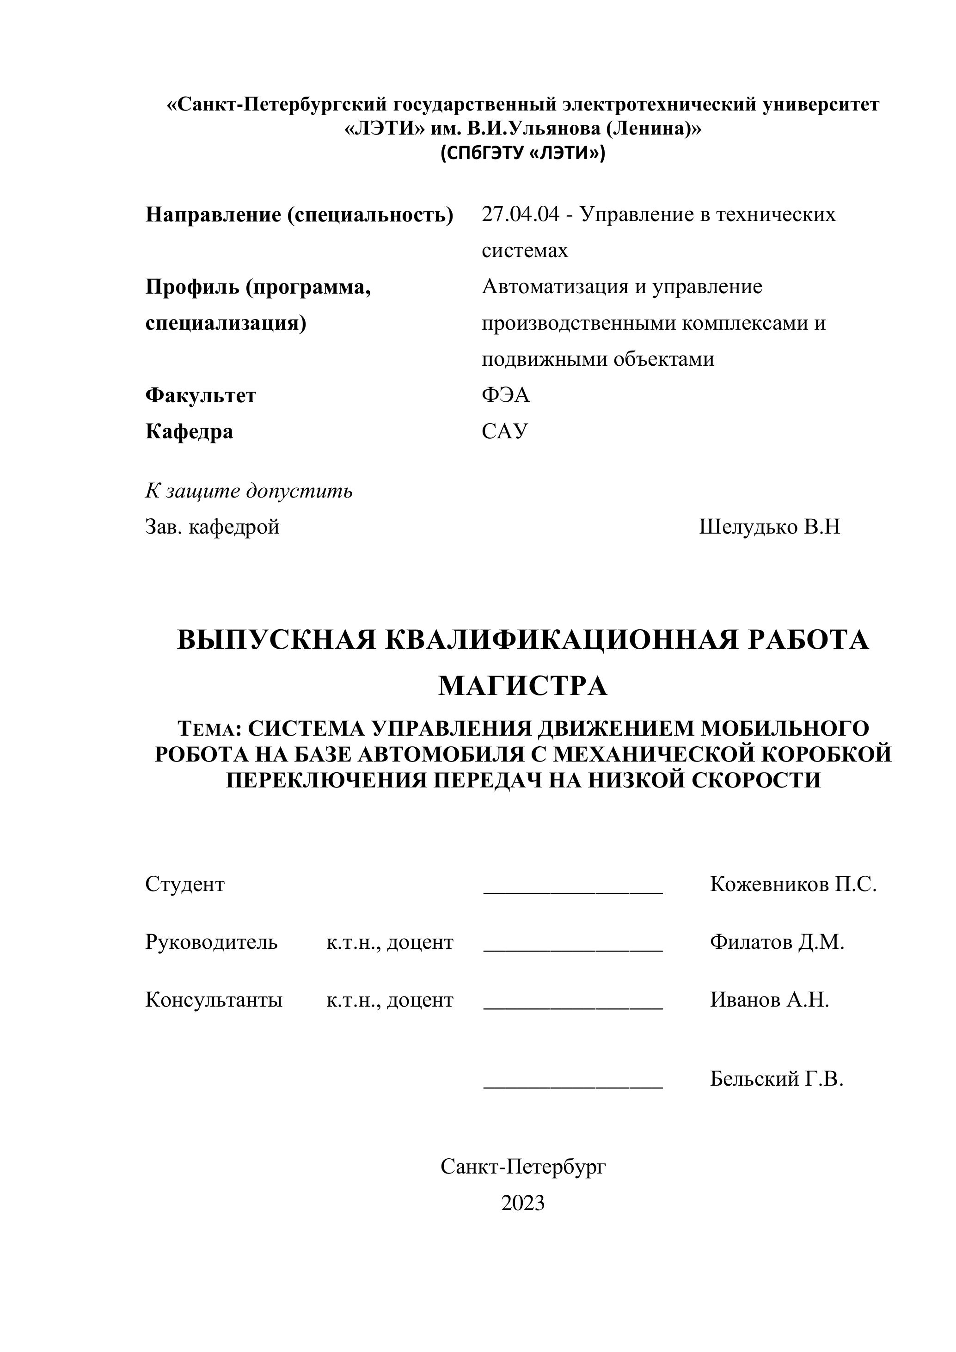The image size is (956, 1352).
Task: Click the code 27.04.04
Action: [x=521, y=215]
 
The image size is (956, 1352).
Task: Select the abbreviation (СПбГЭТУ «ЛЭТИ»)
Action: [x=523, y=153]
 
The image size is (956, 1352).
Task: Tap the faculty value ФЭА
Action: [x=506, y=394]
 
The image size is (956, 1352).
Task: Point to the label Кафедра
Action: [x=189, y=431]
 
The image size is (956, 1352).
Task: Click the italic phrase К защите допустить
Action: [x=249, y=491]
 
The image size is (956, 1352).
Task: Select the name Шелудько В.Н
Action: [x=769, y=527]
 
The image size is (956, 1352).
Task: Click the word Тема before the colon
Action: [x=207, y=730]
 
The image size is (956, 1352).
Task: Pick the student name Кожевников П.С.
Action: [x=793, y=884]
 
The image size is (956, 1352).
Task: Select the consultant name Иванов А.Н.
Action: [x=769, y=999]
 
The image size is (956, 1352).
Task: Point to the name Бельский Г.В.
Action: [x=777, y=1078]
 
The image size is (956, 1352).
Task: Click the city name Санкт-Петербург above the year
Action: [x=523, y=1167]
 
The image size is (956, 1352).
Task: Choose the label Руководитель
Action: [x=211, y=942]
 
